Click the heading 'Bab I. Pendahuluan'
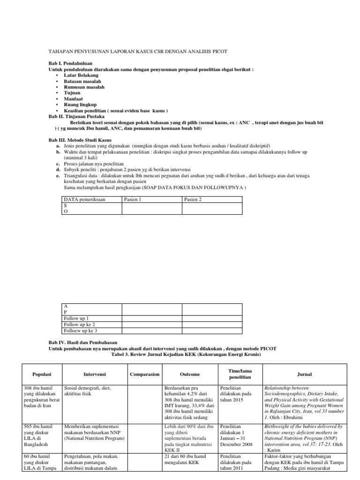(x=70, y=62)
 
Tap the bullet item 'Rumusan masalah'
(x=84, y=87)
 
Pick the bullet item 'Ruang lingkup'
(x=81, y=105)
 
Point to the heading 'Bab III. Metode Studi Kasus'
(x=80, y=140)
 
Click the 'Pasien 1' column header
(x=134, y=199)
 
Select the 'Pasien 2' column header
(x=194, y=199)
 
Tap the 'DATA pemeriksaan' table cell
(x=85, y=199)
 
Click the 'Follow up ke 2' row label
(x=79, y=324)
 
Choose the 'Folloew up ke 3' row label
(x=80, y=330)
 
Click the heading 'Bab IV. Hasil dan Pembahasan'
(x=82, y=343)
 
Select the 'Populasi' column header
(x=41, y=375)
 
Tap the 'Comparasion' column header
(x=144, y=375)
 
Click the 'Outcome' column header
(x=189, y=375)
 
